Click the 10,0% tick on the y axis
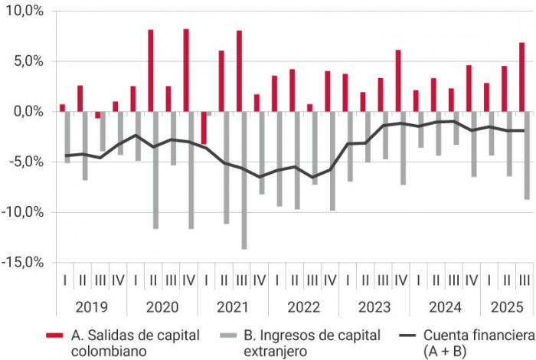point(23,11)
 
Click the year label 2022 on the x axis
point(303,307)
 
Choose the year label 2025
point(507,307)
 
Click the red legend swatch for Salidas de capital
point(54,335)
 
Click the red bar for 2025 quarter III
point(522,77)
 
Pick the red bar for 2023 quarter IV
point(398,80)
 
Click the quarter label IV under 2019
point(116,280)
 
